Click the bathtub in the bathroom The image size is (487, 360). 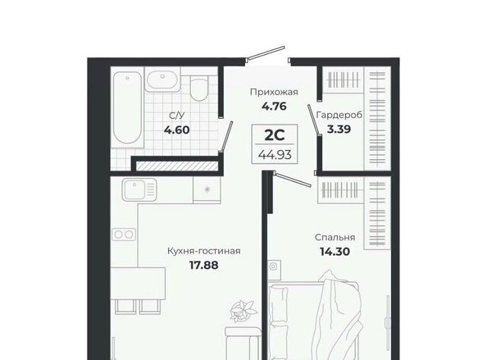point(127,107)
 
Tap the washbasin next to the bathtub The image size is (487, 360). point(162,80)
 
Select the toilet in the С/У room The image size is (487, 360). point(198,88)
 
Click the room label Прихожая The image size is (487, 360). point(274,92)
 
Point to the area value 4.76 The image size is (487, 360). point(274,107)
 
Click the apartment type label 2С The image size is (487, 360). point(275,135)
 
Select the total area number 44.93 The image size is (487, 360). point(275,155)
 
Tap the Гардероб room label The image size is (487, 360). point(339,115)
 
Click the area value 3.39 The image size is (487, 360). point(339,129)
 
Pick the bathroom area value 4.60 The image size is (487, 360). point(177,129)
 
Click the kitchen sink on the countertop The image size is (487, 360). point(139,190)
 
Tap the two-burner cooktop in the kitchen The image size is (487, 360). point(124,234)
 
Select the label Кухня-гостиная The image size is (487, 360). point(204,251)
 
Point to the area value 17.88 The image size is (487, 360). point(204,266)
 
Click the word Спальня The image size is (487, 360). point(335,237)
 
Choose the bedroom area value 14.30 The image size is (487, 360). point(335,252)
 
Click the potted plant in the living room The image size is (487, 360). point(243,311)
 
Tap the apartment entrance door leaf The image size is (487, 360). point(266,53)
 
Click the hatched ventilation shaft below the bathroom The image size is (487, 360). point(177,166)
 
